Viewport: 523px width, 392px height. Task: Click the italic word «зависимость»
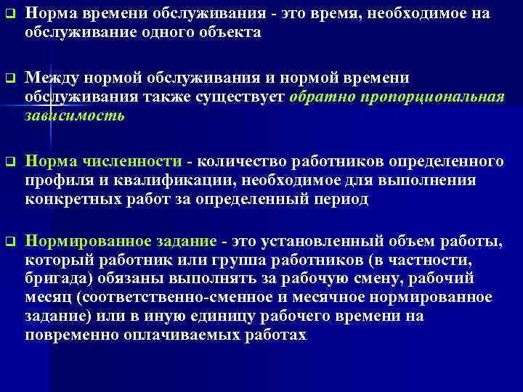[75, 116]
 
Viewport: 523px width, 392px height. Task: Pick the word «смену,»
[333, 279]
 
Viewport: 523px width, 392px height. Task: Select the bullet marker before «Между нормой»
[8, 79]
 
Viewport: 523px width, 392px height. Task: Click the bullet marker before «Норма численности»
[8, 162]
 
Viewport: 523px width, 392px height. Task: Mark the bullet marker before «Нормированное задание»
[8, 242]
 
